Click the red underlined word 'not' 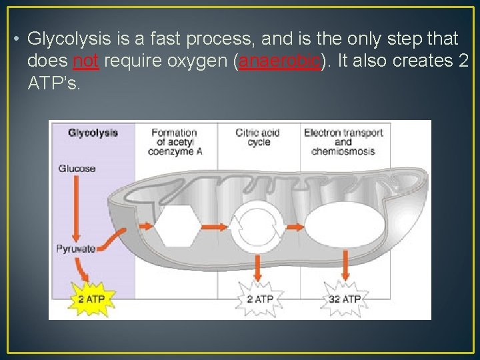coord(85,61)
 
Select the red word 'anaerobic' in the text coord(280,61)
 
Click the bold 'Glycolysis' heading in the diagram coord(93,133)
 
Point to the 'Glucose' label coord(77,169)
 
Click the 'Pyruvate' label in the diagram coord(75,249)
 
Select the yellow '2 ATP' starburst coord(91,298)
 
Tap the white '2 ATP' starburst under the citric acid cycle coord(259,299)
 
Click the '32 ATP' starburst coord(344,299)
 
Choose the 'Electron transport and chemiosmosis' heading coord(343,142)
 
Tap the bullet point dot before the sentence coord(15,39)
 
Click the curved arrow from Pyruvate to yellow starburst coord(83,269)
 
